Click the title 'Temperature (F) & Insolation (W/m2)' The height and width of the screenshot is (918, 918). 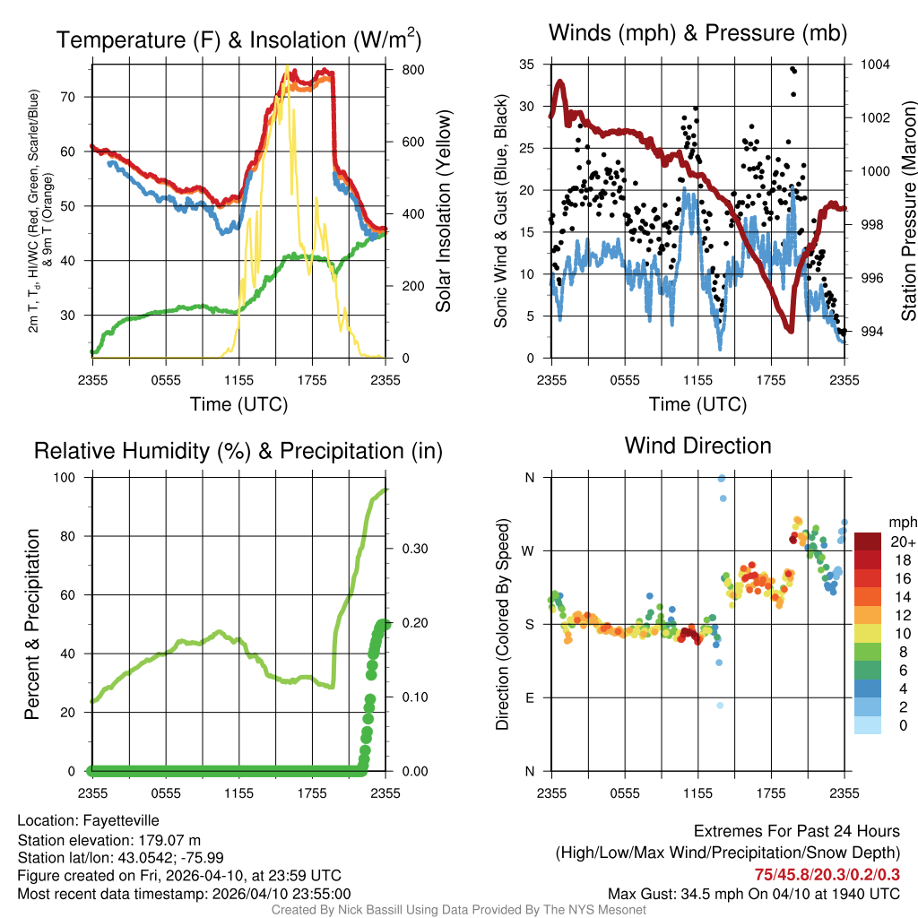tap(238, 39)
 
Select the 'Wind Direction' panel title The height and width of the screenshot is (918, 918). tap(697, 446)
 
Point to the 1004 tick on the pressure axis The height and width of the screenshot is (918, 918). tap(873, 65)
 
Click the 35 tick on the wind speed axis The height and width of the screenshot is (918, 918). tap(526, 65)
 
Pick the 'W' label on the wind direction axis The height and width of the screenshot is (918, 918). tap(529, 550)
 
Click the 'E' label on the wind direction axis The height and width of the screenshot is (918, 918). tap(530, 697)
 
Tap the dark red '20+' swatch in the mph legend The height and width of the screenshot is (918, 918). tap(868, 541)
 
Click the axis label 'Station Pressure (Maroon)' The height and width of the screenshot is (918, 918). tap(908, 210)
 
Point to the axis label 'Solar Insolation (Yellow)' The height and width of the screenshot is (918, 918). tap(443, 212)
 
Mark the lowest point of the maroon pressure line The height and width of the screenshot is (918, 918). tap(790, 330)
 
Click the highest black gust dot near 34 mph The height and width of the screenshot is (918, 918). tap(792, 69)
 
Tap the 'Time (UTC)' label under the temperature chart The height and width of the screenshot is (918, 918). tap(238, 404)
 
